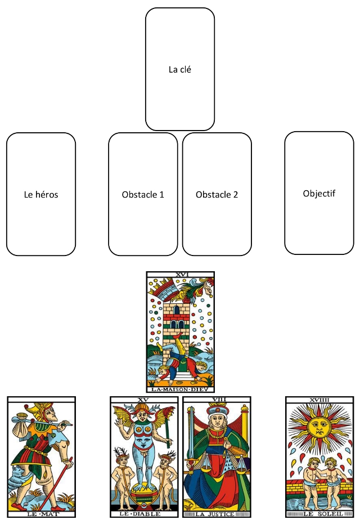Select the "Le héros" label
point(41,195)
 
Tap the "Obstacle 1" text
point(143,195)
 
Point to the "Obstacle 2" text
point(217,195)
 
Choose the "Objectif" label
point(319,193)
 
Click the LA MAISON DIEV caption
point(180,388)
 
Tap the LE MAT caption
point(40,513)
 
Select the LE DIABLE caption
point(144,513)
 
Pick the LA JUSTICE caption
point(218,513)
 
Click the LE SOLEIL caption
point(319,513)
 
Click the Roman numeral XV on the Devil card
point(144,400)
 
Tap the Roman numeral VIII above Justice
point(218,400)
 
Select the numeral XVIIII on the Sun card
point(319,400)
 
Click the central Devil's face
point(145,419)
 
